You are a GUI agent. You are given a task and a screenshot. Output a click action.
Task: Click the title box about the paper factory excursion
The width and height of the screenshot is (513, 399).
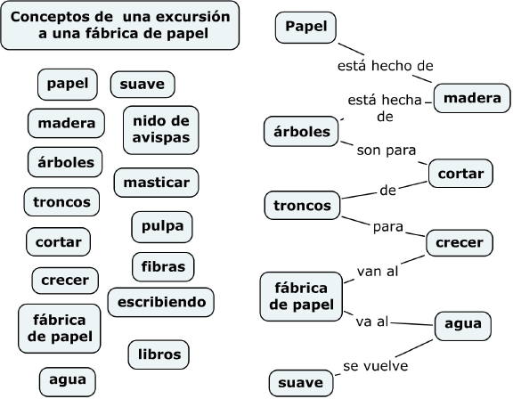(x=120, y=26)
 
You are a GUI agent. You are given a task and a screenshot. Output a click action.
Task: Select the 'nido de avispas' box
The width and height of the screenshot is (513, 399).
(x=161, y=130)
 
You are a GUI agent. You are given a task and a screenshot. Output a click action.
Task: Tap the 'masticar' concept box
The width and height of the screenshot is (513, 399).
(x=157, y=183)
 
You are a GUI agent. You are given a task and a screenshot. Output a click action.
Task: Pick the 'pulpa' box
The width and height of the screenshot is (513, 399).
(x=162, y=226)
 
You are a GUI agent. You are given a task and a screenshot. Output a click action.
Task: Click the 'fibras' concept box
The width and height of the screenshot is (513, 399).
(x=163, y=267)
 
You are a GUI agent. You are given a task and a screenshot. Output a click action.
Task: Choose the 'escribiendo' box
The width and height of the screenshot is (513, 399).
(x=161, y=302)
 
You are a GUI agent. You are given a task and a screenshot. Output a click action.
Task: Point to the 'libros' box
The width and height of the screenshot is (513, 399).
(x=159, y=354)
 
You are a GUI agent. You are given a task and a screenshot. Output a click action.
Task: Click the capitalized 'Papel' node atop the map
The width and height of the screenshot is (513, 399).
(x=305, y=28)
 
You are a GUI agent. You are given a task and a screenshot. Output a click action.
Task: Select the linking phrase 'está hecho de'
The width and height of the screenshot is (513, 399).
(x=386, y=66)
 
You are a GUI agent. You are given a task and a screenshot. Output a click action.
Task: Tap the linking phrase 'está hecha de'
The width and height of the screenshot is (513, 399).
(x=385, y=108)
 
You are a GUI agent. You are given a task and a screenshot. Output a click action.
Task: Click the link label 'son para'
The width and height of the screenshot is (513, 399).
(x=387, y=151)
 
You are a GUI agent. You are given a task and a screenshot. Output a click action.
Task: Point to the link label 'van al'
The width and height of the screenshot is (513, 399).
(x=378, y=271)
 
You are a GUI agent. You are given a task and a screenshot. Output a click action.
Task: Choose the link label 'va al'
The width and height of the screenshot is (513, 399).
(x=372, y=322)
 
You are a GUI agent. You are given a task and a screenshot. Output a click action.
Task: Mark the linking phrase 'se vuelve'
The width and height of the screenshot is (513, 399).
(x=376, y=366)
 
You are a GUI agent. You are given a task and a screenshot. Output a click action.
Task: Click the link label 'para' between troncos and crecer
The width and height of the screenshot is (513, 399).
(x=388, y=227)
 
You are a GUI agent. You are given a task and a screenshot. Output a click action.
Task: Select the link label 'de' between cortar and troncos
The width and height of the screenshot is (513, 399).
(x=388, y=191)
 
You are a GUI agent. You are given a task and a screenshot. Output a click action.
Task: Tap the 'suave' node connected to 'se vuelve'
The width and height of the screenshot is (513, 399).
(x=301, y=383)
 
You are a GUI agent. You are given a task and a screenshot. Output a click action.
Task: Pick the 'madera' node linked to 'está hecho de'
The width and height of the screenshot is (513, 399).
(x=472, y=98)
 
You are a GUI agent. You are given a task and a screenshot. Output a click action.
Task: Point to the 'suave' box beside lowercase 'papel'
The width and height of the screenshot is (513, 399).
(x=142, y=85)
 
